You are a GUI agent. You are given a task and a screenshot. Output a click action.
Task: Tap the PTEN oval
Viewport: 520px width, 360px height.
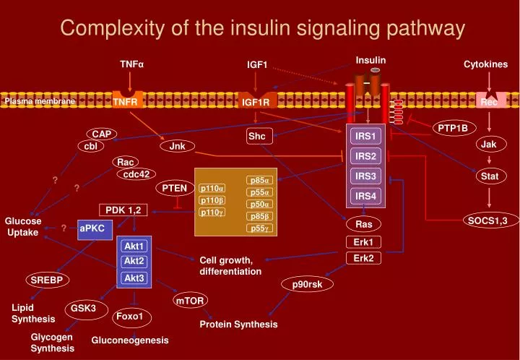[x=174, y=189]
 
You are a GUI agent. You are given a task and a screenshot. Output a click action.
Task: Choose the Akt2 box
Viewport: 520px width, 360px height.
[x=134, y=261]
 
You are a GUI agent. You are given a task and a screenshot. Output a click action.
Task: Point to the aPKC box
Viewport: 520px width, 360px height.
[x=92, y=228]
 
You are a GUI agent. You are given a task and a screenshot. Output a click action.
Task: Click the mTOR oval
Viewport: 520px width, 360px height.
[x=191, y=300]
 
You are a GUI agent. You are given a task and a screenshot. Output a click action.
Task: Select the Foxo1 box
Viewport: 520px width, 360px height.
[x=131, y=317]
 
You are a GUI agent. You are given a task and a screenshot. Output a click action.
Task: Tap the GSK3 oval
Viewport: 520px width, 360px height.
[x=84, y=309]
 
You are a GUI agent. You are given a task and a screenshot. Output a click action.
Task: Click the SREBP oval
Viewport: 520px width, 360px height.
[x=46, y=280]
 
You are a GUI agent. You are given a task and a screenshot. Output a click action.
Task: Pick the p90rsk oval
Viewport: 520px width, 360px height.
[x=308, y=284]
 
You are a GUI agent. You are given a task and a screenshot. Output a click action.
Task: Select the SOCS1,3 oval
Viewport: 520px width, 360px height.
[x=488, y=220]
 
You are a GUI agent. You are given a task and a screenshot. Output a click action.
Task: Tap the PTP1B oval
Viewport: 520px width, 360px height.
[x=453, y=128]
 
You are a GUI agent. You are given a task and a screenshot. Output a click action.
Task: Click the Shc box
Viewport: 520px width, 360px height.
[x=257, y=136]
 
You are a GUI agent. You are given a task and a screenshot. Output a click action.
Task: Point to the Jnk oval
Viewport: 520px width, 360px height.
[x=178, y=146]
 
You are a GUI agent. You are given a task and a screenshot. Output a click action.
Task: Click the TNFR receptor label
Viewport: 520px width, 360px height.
[x=125, y=102]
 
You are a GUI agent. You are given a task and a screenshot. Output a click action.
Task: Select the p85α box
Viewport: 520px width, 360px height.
[x=259, y=180]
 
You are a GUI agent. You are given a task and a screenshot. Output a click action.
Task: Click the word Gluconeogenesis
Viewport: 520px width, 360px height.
[x=130, y=340]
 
